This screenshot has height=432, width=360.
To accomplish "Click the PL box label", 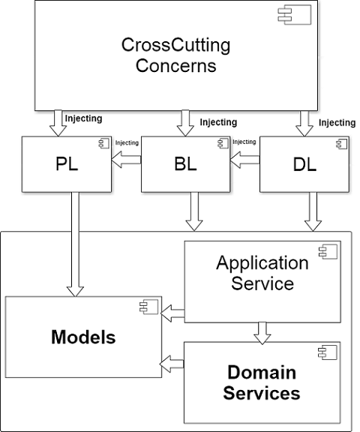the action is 67,164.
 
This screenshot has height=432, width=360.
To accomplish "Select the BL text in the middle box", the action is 186,164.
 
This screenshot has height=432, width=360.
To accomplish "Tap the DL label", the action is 304,165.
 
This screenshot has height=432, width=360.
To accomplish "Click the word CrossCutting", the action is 175,45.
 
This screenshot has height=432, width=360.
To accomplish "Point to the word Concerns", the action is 175,65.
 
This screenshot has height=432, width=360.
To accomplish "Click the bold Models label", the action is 83,337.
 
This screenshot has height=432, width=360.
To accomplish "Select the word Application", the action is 262,263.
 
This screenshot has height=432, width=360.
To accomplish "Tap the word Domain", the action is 262,372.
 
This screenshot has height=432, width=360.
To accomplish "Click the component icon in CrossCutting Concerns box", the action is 295,14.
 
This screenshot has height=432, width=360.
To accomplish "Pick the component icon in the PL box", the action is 104,143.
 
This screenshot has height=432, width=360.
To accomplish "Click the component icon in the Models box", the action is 149,307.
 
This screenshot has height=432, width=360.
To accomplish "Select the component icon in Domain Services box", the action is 328,352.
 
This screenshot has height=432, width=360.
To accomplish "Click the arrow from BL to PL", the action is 126,160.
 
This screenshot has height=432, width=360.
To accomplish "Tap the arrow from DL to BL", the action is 244,160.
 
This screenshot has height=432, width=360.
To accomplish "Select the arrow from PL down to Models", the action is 75,244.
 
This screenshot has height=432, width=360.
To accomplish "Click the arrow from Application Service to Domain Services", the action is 262,333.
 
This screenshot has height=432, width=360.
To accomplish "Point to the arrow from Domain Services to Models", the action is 172,364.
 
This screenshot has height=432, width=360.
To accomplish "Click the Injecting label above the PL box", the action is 83,118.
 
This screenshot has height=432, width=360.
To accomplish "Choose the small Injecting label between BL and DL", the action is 244,142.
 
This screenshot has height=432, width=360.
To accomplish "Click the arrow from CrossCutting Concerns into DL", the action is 304,124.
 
